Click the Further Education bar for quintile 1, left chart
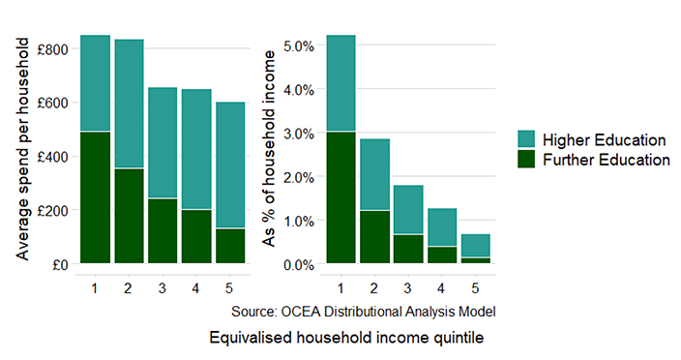95,196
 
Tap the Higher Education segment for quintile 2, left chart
129,104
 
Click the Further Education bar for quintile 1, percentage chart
340,196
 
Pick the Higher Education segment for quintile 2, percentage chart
374,174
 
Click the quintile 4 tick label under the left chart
196,287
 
